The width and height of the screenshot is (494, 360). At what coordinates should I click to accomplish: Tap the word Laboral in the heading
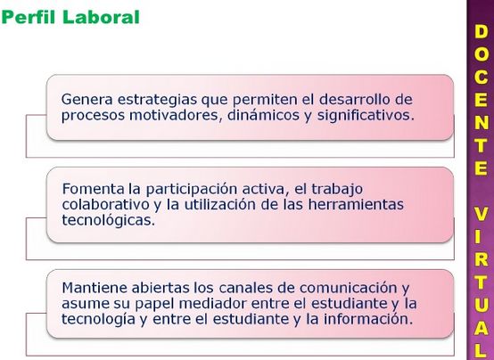pyautogui.click(x=101, y=17)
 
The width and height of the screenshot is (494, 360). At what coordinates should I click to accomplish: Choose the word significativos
pyautogui.click(x=366, y=116)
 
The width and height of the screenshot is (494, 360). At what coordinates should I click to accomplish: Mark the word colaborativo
pyautogui.click(x=105, y=205)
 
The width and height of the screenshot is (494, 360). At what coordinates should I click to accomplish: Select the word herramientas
pyautogui.click(x=356, y=205)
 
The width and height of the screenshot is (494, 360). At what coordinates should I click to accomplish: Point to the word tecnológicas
pyautogui.click(x=109, y=221)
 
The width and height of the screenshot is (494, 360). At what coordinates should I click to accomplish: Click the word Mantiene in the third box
pyautogui.click(x=95, y=288)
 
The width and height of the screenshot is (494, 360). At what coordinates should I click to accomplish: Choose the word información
pyautogui.click(x=368, y=319)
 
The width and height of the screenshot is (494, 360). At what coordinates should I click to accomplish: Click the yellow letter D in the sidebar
pyautogui.click(x=481, y=32)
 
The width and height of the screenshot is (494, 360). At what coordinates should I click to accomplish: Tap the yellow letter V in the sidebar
pyautogui.click(x=481, y=215)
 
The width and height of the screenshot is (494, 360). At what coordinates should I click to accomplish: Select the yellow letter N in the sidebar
pyautogui.click(x=481, y=123)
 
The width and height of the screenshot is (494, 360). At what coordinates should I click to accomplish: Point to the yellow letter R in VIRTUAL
pyautogui.click(x=481, y=260)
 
